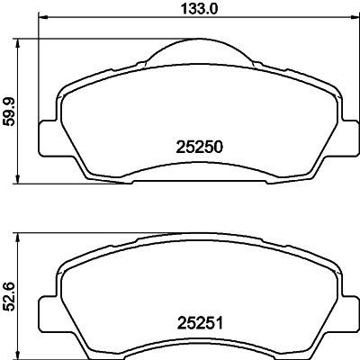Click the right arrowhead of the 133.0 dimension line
(350, 19)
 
